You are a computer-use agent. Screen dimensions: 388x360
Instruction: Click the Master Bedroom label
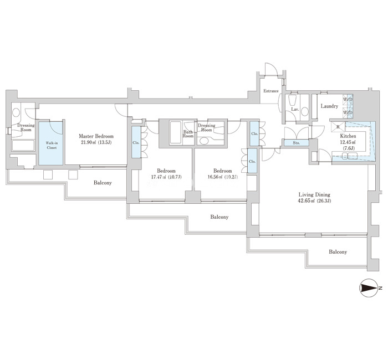coord(96,136)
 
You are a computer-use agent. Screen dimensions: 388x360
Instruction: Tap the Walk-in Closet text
coord(52,145)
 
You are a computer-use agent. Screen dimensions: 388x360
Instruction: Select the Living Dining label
coord(314,194)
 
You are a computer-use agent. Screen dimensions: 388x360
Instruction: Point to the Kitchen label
coord(348,136)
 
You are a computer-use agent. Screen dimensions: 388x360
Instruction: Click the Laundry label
coord(329,106)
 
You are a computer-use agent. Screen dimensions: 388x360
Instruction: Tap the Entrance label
coord(271,91)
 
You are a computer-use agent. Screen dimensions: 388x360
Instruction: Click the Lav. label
coord(295,109)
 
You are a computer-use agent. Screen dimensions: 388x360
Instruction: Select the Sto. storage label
coord(296,143)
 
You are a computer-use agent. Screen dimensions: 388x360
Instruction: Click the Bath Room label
coord(188,134)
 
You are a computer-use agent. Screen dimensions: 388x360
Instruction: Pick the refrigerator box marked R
coord(338,127)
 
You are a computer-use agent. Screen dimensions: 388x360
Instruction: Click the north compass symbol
coord(369,288)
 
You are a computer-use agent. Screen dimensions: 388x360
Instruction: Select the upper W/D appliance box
coord(348,99)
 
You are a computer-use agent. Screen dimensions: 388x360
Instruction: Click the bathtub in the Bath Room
coord(176,132)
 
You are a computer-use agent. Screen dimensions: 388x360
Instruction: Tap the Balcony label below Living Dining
coord(338,251)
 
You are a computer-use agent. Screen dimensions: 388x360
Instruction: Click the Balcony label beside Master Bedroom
coord(103,183)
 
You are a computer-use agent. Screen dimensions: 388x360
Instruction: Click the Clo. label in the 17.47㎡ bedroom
coord(136,143)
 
